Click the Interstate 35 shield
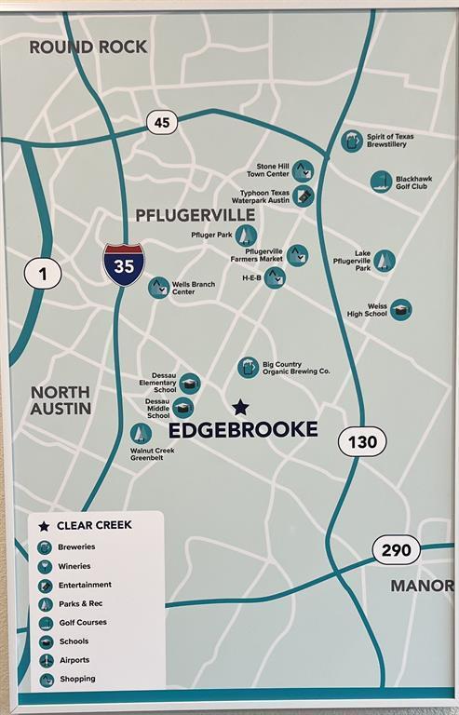pyautogui.click(x=123, y=263)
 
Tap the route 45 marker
pyautogui.click(x=161, y=122)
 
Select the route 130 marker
pyautogui.click(x=361, y=441)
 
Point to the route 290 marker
pyautogui.click(x=396, y=550)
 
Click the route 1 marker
pyautogui.click(x=43, y=273)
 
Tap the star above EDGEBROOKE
pyautogui.click(x=240, y=407)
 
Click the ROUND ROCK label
pyautogui.click(x=88, y=47)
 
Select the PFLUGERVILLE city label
pyautogui.click(x=196, y=215)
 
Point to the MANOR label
pyautogui.click(x=421, y=586)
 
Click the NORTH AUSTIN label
pyautogui.click(x=61, y=400)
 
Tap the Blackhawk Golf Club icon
pyautogui.click(x=381, y=182)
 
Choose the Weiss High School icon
pyautogui.click(x=401, y=309)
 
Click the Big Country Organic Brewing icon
pyautogui.click(x=248, y=368)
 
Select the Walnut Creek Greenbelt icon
pyautogui.click(x=141, y=434)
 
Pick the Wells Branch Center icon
pyautogui.click(x=158, y=288)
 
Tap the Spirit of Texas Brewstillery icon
pyautogui.click(x=352, y=142)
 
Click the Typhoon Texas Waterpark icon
pyautogui.click(x=304, y=196)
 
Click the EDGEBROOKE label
pyautogui.click(x=243, y=430)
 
